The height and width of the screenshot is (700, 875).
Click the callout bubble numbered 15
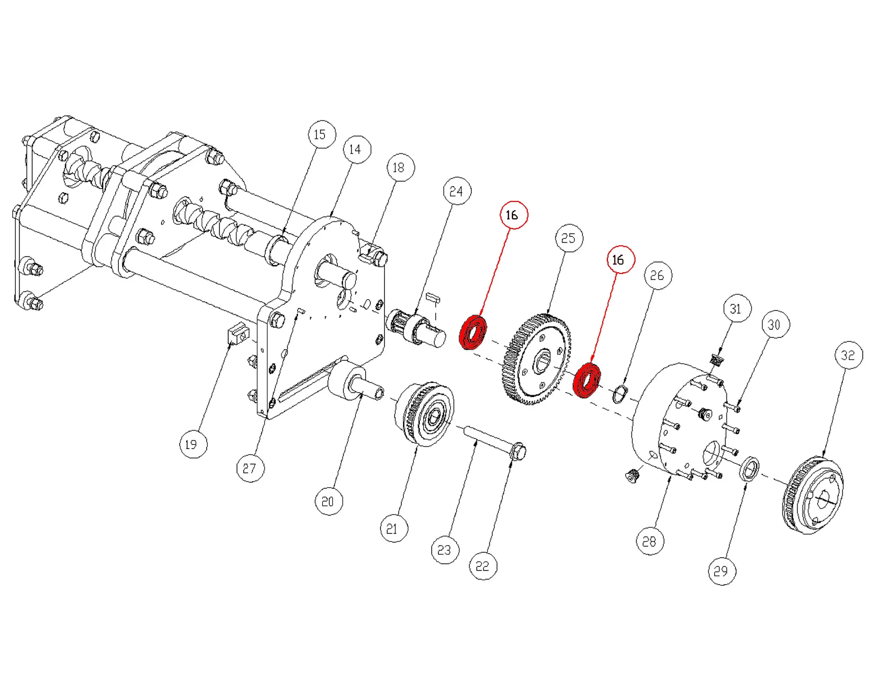[x=322, y=134]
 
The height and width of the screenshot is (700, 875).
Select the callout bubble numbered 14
[x=357, y=150]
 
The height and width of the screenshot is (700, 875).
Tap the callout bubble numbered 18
[x=401, y=168]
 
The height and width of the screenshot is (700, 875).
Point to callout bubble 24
[x=457, y=191]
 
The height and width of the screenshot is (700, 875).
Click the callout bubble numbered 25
[x=569, y=238]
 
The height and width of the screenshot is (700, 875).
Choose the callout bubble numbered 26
[x=658, y=276]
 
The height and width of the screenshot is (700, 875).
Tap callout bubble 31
[x=737, y=309]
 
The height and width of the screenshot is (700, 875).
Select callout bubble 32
[x=849, y=355]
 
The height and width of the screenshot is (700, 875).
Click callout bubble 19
[x=193, y=444]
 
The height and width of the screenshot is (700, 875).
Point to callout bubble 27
[x=251, y=468]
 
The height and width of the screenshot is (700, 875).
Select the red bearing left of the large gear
[x=473, y=332]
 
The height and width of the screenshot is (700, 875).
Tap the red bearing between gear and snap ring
[x=586, y=381]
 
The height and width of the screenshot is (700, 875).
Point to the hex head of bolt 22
[x=518, y=452]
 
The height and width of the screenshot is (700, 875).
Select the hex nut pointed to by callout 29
[x=749, y=469]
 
